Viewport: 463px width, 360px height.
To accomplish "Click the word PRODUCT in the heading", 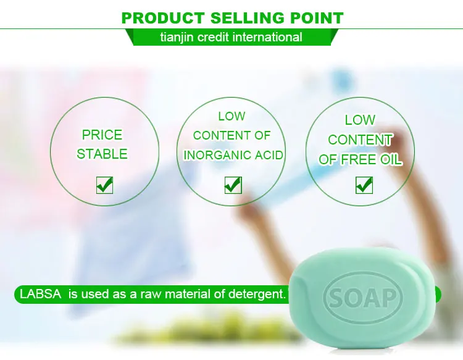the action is (163, 18).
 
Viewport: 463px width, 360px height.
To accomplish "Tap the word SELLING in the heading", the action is (248, 18).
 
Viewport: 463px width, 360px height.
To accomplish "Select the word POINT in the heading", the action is (317, 18).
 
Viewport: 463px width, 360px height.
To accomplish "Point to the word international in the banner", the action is (267, 37).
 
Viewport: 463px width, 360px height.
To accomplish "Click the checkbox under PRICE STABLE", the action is (104, 185).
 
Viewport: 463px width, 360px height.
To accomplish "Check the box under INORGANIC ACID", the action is (233, 185).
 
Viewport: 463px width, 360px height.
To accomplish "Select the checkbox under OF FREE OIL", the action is (364, 185).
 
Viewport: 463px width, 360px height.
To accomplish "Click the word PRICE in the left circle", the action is (102, 135).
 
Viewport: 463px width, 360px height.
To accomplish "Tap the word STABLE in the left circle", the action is (102, 154).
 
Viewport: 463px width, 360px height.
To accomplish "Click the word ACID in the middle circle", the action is (269, 155).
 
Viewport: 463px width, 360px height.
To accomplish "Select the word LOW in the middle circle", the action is (231, 116).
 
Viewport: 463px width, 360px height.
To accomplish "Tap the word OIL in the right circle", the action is (391, 159).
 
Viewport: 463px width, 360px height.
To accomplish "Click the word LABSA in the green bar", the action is (41, 294).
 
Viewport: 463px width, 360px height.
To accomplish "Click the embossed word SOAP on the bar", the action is (362, 298).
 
